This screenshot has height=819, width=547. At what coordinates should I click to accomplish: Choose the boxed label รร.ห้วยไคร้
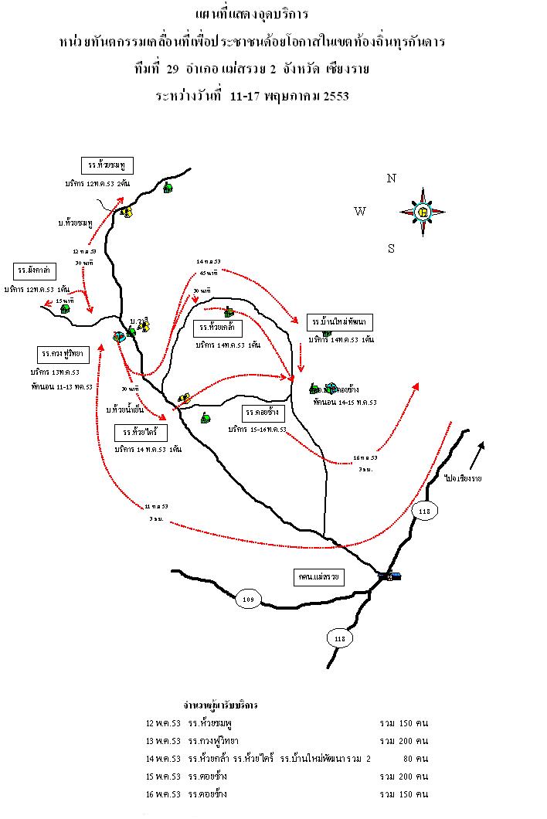(140, 431)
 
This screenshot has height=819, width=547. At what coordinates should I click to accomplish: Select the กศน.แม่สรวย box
(319, 577)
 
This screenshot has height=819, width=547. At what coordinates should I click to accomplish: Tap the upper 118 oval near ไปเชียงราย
(423, 511)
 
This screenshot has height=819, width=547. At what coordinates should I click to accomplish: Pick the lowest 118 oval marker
(339, 638)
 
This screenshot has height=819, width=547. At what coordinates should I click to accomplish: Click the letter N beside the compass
(392, 178)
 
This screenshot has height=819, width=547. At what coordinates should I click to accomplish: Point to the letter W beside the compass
(360, 212)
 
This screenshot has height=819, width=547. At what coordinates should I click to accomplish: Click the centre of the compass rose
(423, 212)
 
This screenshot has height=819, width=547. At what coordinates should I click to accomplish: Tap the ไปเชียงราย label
(463, 479)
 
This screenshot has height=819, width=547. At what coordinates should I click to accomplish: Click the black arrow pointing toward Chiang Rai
(479, 454)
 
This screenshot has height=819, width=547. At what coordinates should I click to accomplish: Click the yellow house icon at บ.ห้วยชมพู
(126, 211)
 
